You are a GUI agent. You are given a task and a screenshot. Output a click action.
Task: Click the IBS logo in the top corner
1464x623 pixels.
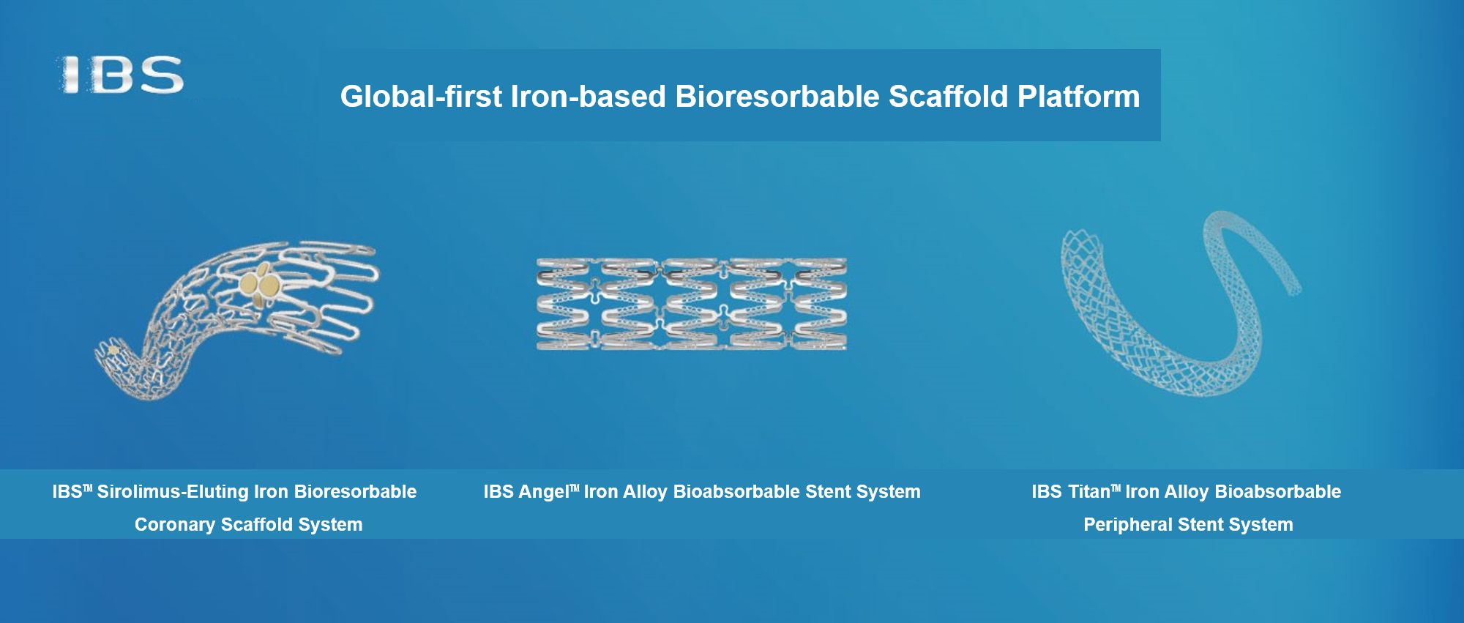click(x=121, y=75)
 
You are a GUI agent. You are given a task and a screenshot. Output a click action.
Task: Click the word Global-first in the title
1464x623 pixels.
click(x=422, y=97)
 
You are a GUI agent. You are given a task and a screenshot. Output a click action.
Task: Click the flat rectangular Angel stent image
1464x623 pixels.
click(x=692, y=304)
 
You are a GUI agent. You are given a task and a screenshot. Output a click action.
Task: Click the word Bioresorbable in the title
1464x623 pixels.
click(x=777, y=97)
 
